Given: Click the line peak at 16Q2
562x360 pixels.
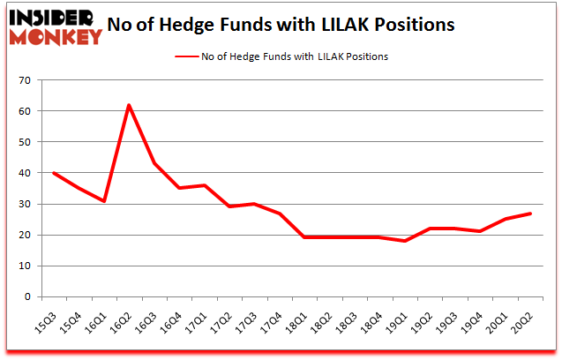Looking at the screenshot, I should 129,106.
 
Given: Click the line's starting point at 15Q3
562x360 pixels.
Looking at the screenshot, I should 53,173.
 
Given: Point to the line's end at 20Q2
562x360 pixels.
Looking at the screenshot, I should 530,214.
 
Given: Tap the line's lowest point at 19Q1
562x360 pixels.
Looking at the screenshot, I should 404,241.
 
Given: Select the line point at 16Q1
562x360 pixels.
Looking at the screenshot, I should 103,201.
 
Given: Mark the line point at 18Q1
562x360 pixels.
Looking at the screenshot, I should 303,237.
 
